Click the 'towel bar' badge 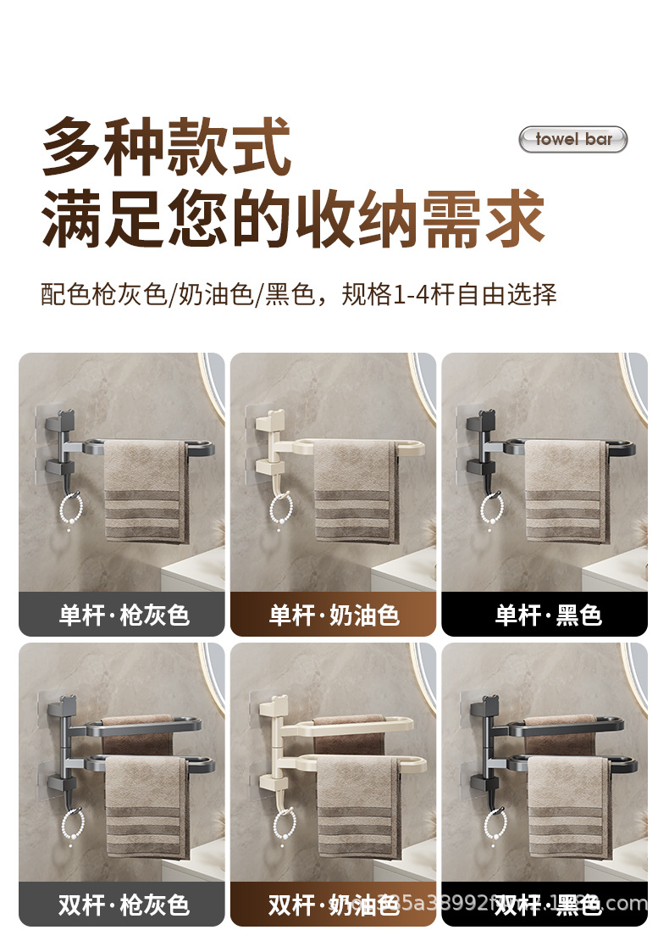pyautogui.click(x=573, y=139)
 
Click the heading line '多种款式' pyautogui.click(x=167, y=147)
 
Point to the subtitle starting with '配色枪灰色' pyautogui.click(x=298, y=294)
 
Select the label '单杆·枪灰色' pyautogui.click(x=123, y=615)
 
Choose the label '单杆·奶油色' pyautogui.click(x=334, y=615)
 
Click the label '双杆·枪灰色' pyautogui.click(x=123, y=905)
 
